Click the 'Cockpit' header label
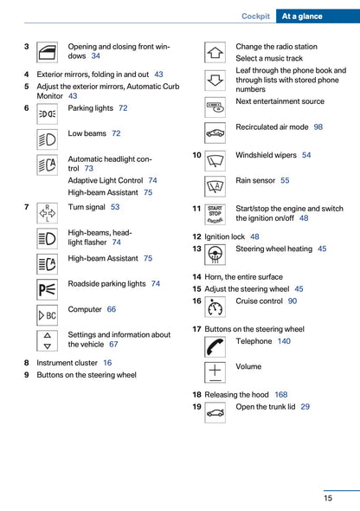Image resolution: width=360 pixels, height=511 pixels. pyautogui.click(x=255, y=16)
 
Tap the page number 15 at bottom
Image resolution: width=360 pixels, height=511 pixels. pyautogui.click(x=328, y=498)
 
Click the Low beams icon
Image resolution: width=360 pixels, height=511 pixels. pyautogui.click(x=48, y=139)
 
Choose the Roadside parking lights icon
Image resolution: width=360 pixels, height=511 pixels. pyautogui.click(x=48, y=289)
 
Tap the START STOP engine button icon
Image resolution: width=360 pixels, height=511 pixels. pyautogui.click(x=215, y=214)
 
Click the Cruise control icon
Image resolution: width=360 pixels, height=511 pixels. pyautogui.click(x=215, y=307)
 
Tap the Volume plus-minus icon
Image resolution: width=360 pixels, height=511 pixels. pyautogui.click(x=215, y=372)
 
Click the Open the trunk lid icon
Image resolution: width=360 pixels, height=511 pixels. pyautogui.click(x=215, y=412)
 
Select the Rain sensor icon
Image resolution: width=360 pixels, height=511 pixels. pyautogui.click(x=215, y=185)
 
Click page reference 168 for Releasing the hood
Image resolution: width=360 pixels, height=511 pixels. pyautogui.click(x=281, y=394)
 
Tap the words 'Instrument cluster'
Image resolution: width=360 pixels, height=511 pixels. pyautogui.click(x=67, y=363)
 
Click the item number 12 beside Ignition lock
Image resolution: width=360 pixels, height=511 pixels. pyautogui.click(x=196, y=236)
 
